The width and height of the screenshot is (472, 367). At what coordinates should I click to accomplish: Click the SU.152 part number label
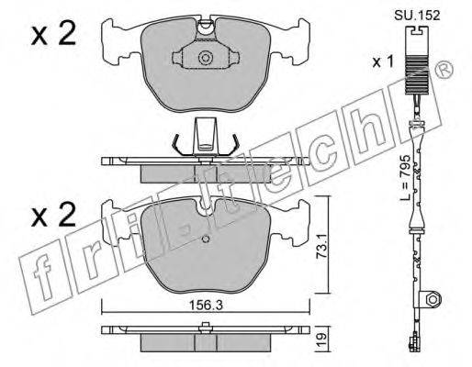417,15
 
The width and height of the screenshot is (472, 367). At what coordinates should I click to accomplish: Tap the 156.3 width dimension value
205,305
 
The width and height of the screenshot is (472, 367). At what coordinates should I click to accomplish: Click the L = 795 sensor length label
405,178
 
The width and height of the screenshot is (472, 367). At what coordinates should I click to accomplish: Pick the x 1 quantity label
383,62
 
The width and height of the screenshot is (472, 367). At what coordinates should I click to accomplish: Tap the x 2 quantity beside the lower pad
53,215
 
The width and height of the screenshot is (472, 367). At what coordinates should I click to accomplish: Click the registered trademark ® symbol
445,70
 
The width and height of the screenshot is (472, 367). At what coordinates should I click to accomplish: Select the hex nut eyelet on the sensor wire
433,298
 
